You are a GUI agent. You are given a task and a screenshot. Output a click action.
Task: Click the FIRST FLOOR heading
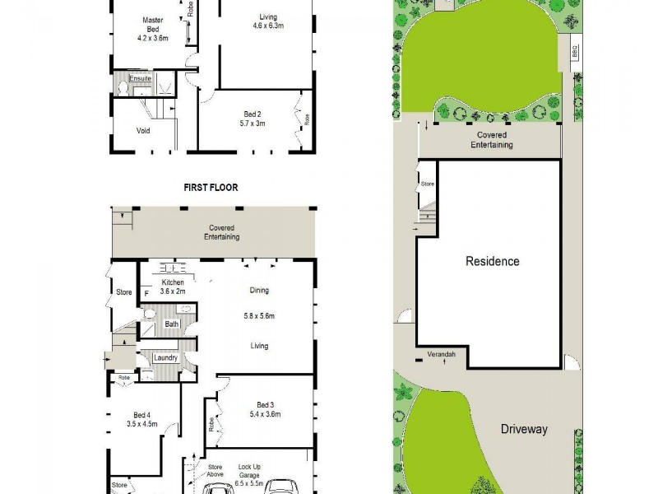coord(211,188)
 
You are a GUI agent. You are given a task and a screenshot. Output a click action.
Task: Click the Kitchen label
coord(173,282)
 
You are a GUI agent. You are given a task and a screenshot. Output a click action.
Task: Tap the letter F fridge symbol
coord(146,293)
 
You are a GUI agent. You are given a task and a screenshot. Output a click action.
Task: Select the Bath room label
coord(171,324)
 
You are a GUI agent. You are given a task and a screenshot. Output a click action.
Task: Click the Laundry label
coord(165,357)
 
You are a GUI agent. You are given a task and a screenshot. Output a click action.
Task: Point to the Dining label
coord(259,290)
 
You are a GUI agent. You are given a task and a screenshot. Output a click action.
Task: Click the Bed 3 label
coord(264,404)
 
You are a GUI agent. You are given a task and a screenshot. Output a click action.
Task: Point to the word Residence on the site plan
coord(493,262)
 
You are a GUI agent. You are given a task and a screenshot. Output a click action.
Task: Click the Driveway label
coord(524,429)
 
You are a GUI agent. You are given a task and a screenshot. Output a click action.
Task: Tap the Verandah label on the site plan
coord(441,354)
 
